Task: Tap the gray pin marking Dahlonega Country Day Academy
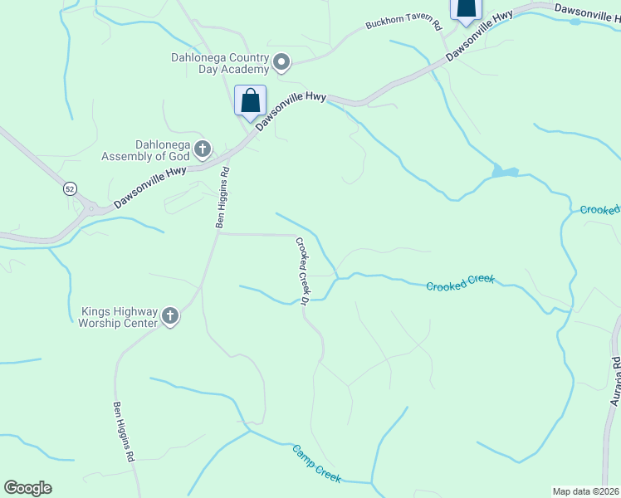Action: (x=281, y=61)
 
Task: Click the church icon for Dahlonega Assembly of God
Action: (x=202, y=149)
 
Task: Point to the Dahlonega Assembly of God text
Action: (x=146, y=149)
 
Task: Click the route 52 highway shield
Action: (x=70, y=189)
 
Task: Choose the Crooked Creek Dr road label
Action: (x=302, y=270)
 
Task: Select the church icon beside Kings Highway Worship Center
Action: (x=170, y=316)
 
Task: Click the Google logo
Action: (x=27, y=488)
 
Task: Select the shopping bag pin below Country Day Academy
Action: (x=250, y=101)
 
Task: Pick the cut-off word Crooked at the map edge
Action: (x=599, y=210)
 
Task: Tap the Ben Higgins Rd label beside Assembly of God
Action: (x=222, y=198)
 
